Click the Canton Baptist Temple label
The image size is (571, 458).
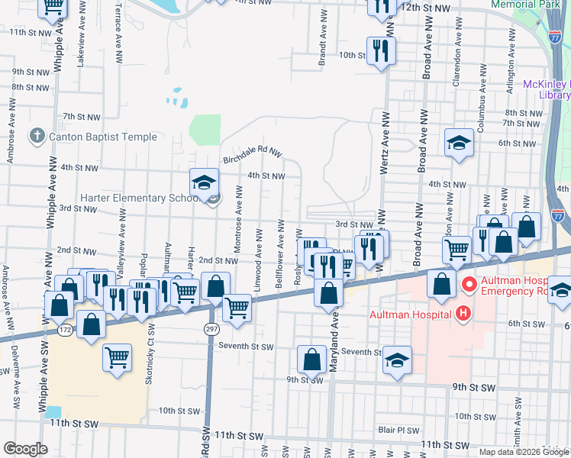(103, 137)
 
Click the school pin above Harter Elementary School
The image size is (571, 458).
(205, 183)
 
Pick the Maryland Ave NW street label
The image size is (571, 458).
(334, 351)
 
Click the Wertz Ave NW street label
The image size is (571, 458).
(385, 149)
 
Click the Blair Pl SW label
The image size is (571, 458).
(398, 431)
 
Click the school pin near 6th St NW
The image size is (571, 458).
(459, 143)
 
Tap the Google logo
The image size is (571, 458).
(25, 449)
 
